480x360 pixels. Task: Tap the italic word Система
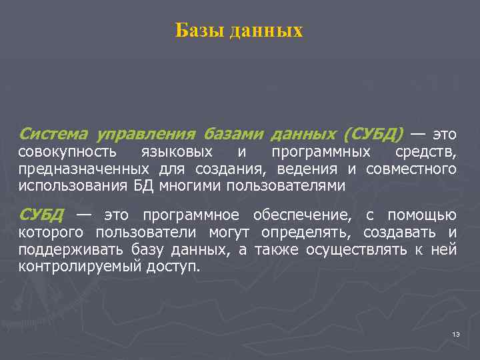pos(53,134)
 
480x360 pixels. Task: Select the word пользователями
pos(286,186)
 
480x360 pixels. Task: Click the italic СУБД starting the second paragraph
pos(41,215)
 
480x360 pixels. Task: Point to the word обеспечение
pos(301,215)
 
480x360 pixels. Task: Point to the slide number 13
pos(456,333)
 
